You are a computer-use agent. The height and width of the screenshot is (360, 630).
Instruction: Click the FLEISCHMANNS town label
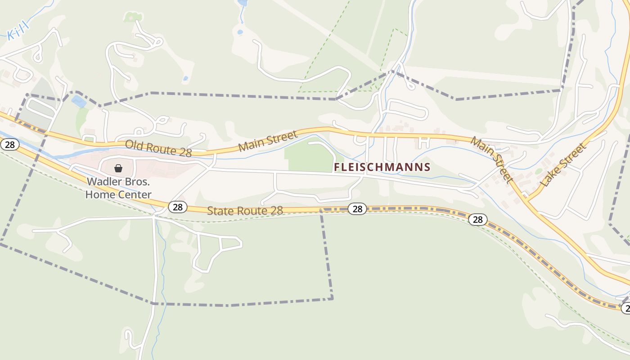click(x=382, y=167)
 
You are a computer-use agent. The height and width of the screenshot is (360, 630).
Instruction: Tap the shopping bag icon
click(x=118, y=168)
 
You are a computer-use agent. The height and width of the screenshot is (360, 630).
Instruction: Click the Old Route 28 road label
click(x=158, y=148)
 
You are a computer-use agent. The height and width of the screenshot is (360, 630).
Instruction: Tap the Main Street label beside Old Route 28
click(x=268, y=141)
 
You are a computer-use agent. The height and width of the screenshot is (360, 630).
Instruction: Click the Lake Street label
click(x=564, y=165)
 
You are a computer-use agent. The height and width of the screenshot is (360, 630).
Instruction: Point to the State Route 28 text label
click(x=245, y=210)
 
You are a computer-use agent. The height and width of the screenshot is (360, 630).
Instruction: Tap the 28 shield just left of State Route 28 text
click(x=178, y=207)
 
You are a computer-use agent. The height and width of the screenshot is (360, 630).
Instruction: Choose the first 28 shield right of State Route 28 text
click(x=357, y=209)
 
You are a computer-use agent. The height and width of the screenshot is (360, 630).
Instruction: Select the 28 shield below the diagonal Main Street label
click(x=477, y=220)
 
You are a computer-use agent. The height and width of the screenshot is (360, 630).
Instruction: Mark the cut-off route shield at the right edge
click(x=625, y=308)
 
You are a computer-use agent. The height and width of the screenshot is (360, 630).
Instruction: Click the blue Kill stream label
click(x=18, y=31)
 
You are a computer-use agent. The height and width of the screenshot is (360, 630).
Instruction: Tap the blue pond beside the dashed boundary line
click(x=79, y=102)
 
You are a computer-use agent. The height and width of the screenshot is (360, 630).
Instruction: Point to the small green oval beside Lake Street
click(x=539, y=171)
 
